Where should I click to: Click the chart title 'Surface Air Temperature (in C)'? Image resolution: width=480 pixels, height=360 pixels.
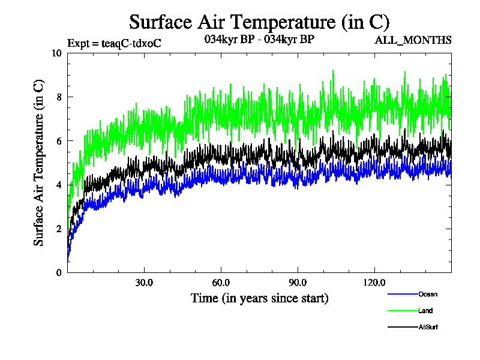point(259,22)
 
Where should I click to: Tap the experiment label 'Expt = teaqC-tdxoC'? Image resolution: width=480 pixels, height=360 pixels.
point(114,43)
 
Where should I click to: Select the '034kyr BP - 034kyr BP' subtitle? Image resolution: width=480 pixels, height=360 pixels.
point(259,40)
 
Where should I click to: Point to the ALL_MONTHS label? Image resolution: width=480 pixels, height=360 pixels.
point(413,40)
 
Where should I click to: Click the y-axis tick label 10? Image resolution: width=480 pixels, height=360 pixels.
point(57,53)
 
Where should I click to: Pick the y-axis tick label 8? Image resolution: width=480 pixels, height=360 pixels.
point(59,97)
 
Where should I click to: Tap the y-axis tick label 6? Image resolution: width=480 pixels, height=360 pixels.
point(59,140)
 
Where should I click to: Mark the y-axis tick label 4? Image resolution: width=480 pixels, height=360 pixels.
point(59,185)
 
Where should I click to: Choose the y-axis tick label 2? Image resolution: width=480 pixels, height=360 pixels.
point(59,229)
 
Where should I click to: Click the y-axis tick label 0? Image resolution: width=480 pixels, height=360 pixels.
point(59,272)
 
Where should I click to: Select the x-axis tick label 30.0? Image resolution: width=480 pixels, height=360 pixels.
point(144,283)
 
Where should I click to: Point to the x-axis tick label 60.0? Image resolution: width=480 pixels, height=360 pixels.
point(221,283)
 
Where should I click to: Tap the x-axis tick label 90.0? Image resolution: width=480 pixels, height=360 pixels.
point(298,283)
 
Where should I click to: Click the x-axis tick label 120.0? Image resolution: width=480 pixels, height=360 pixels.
point(374,283)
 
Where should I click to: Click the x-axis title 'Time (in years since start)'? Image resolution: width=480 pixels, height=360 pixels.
point(259,298)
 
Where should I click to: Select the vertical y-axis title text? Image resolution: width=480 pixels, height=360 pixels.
point(38,163)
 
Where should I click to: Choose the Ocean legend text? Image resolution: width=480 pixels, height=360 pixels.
point(428,294)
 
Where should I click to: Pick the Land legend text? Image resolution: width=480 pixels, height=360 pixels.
point(425,311)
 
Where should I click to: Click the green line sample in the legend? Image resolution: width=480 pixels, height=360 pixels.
point(403,311)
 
